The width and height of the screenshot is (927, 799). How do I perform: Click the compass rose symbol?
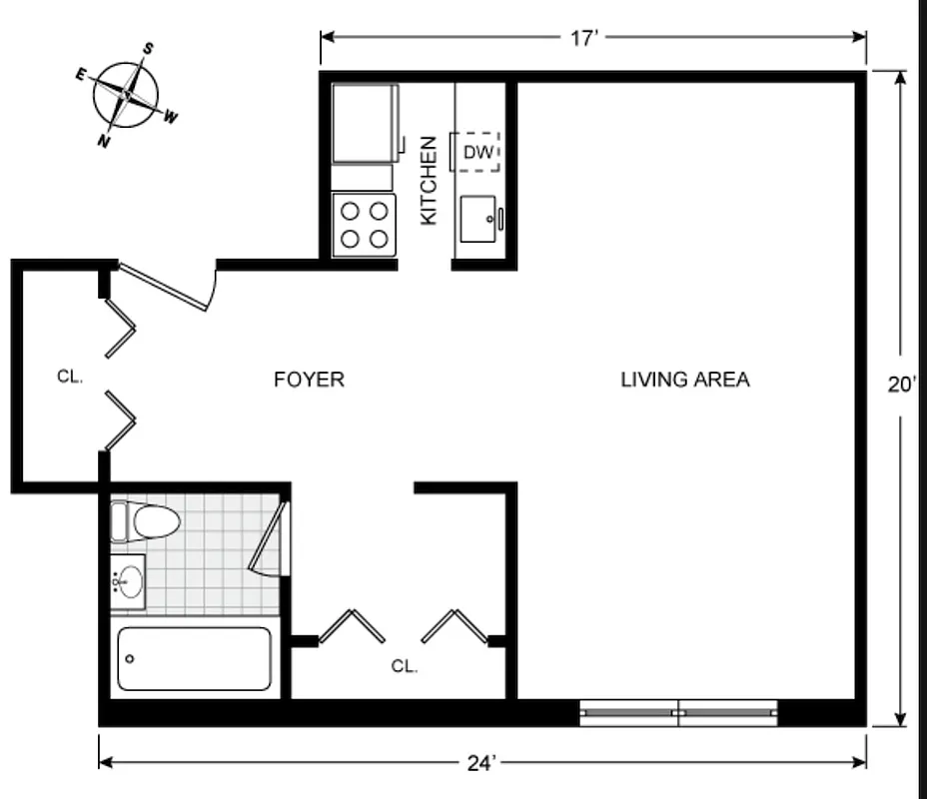pyautogui.click(x=126, y=95)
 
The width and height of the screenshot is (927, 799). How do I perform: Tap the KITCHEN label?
pyautogui.click(x=429, y=180)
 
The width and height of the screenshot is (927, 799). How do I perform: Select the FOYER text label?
pyautogui.click(x=309, y=380)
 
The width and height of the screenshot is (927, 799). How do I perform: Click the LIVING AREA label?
pyautogui.click(x=684, y=380)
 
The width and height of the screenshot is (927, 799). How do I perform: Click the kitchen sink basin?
pyautogui.click(x=478, y=218)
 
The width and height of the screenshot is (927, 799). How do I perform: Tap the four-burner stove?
pyautogui.click(x=364, y=225)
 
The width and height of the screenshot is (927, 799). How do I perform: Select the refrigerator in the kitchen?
pyautogui.click(x=364, y=124)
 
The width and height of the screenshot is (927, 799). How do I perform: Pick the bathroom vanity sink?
pyautogui.click(x=128, y=580)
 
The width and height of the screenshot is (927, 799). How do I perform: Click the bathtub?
pyautogui.click(x=194, y=658)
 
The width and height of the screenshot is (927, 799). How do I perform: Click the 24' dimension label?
pyautogui.click(x=481, y=763)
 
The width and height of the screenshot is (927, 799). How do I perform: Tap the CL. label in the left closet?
pyautogui.click(x=69, y=377)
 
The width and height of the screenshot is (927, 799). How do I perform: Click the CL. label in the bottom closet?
pyautogui.click(x=404, y=666)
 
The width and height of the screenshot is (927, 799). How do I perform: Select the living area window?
pyautogui.click(x=679, y=712)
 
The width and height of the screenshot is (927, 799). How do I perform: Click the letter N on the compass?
pyautogui.click(x=103, y=142)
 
